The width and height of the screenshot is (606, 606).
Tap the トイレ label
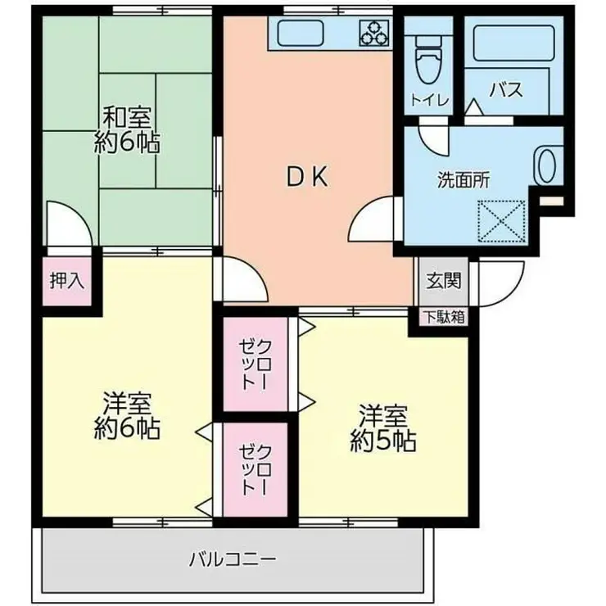(428, 100)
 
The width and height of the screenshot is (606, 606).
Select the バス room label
(506, 90)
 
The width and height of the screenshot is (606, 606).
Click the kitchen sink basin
(302, 34)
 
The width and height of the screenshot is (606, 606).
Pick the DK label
(307, 177)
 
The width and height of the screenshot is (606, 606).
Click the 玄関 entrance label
(443, 280)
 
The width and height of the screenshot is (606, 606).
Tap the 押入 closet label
(67, 281)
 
